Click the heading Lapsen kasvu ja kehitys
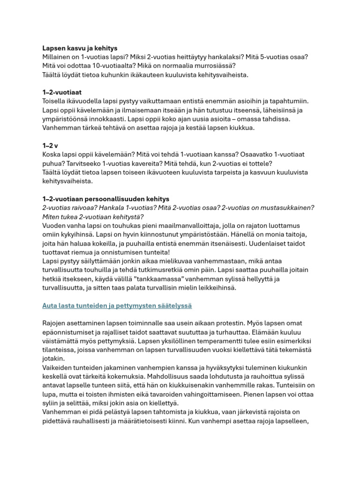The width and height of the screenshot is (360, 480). pyautogui.click(x=80, y=48)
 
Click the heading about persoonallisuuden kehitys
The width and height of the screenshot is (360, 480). pyautogui.click(x=105, y=199)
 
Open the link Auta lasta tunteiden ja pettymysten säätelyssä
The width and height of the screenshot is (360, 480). pyautogui.click(x=117, y=306)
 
